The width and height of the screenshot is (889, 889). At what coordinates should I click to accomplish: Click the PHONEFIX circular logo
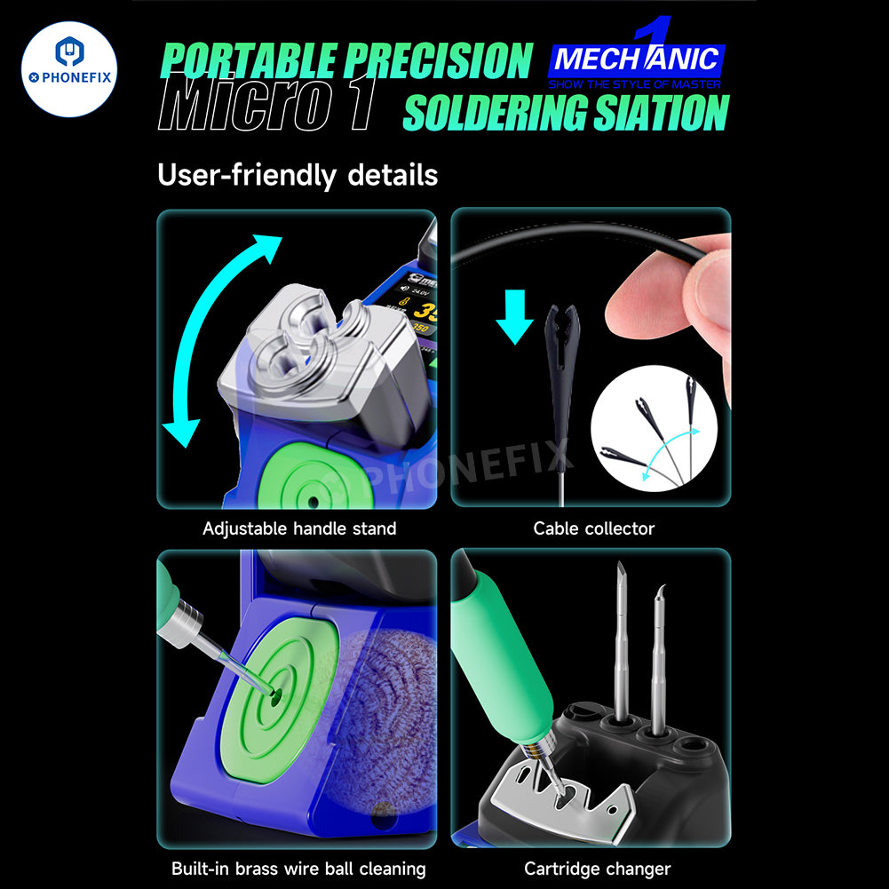click(x=69, y=69)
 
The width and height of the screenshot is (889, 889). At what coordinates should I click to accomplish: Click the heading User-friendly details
click(x=298, y=175)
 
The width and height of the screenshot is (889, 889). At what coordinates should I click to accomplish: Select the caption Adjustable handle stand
click(x=299, y=528)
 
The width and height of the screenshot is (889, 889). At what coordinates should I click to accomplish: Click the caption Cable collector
click(x=593, y=528)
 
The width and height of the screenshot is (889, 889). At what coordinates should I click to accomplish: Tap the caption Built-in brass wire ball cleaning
click(x=298, y=869)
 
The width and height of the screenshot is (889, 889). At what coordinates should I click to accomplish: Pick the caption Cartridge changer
click(x=597, y=869)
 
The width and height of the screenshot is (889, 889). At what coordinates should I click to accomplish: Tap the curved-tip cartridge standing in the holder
click(x=658, y=657)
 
